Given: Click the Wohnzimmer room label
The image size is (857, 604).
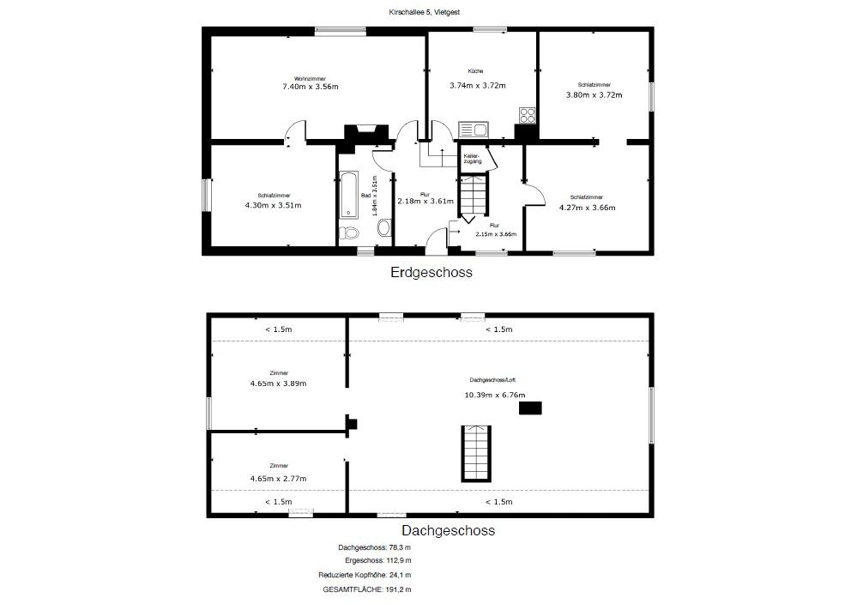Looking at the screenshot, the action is [x=310, y=79].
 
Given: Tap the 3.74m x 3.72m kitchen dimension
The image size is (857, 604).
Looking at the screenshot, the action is [x=478, y=85].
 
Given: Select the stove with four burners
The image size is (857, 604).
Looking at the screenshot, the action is [x=528, y=115].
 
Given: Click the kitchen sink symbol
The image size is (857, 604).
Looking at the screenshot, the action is [x=474, y=130].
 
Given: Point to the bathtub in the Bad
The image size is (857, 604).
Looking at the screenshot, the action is [x=348, y=195].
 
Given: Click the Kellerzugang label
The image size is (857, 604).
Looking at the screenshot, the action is [x=472, y=159].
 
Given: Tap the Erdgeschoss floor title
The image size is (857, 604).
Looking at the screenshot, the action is [x=432, y=272].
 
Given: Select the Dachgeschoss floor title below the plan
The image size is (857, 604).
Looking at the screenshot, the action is [x=448, y=530].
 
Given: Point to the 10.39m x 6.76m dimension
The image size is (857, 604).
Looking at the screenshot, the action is [x=495, y=395].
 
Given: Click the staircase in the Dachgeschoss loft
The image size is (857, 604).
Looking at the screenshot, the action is [x=477, y=454].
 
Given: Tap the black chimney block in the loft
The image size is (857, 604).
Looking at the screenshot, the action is [x=530, y=408].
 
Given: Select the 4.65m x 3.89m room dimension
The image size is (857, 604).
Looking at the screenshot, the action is [x=278, y=384].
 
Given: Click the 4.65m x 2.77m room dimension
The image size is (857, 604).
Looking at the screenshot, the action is [x=278, y=478].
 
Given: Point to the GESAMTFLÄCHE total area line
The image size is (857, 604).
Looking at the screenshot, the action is [x=367, y=589].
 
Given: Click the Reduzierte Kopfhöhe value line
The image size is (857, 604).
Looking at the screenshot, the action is [x=365, y=575].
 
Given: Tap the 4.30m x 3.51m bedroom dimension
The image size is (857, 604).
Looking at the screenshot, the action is [x=274, y=206].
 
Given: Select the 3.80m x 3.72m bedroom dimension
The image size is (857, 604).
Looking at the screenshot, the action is [x=594, y=94].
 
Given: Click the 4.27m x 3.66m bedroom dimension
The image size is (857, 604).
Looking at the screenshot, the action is [x=587, y=207].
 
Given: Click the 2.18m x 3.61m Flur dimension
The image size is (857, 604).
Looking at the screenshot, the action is [x=425, y=201].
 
